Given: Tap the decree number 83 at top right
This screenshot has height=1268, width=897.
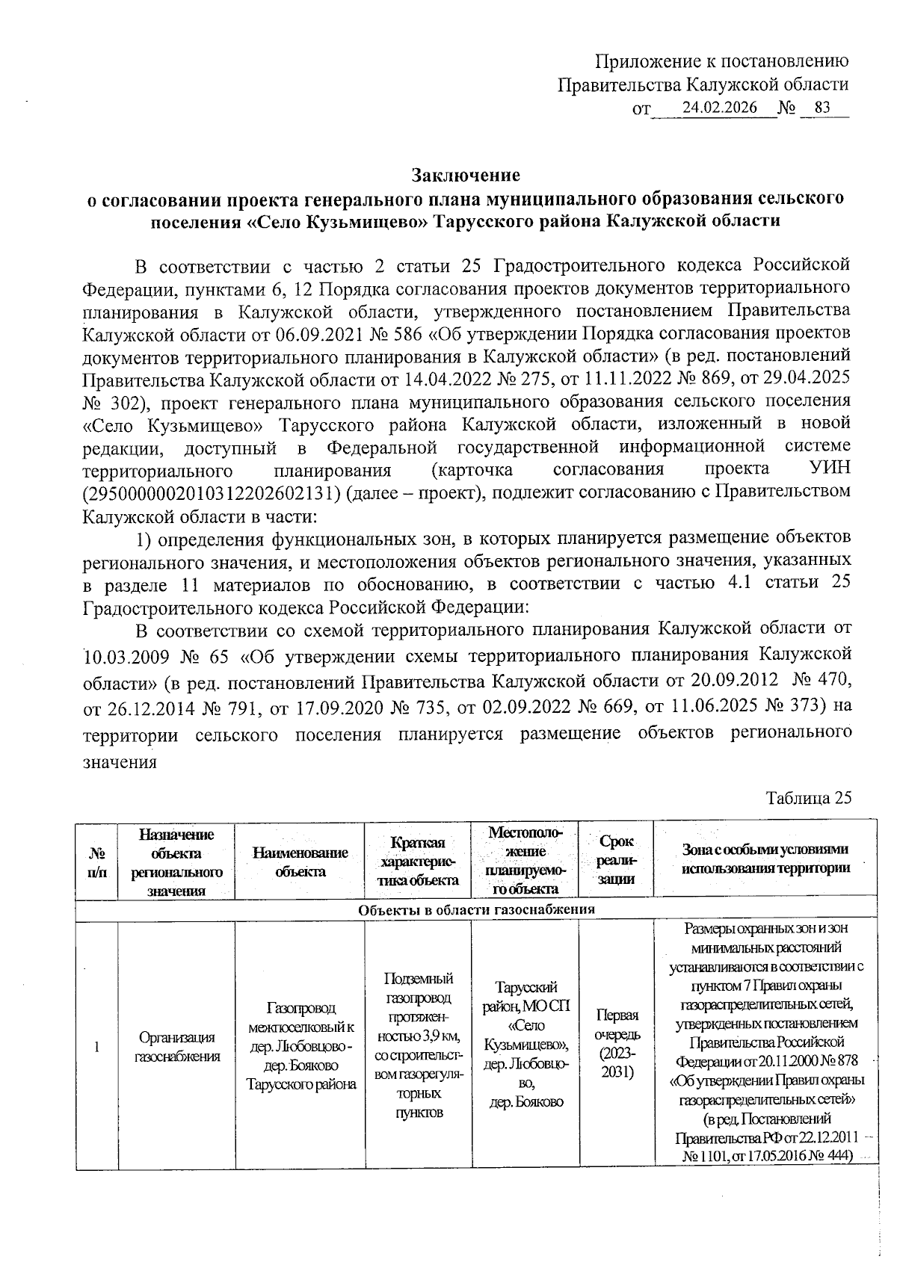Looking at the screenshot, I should click(x=822, y=108).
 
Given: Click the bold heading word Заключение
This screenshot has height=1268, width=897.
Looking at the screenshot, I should click(x=466, y=176).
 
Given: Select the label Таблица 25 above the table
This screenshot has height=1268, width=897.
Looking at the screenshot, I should click(x=809, y=798).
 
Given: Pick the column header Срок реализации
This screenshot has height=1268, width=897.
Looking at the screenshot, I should click(x=616, y=860).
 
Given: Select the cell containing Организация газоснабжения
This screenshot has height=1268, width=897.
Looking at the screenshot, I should click(x=176, y=1046).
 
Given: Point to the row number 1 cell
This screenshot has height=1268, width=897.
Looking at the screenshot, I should click(x=97, y=1046).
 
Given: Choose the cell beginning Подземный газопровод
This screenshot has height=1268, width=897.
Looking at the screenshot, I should click(x=418, y=1045).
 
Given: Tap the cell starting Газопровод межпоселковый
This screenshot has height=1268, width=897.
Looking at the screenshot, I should click(x=300, y=1045).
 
